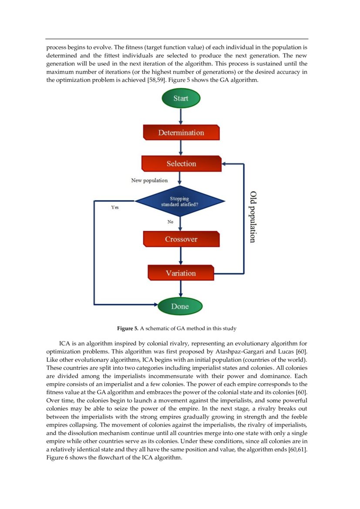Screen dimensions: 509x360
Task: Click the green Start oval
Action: click(181, 98)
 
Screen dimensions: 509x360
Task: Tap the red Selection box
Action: click(181, 164)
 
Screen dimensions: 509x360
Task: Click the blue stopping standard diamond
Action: click(180, 202)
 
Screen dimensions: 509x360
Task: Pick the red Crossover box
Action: click(181, 239)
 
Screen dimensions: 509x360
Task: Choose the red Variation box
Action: click(181, 273)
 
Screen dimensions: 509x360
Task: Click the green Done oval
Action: click(180, 306)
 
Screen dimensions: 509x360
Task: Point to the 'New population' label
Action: click(149, 180)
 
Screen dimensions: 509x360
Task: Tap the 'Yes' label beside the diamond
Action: click(115, 208)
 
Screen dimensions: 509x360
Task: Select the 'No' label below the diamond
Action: click(171, 222)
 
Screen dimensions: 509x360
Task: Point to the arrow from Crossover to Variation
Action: click(180, 256)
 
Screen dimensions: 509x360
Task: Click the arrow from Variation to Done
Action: click(180, 289)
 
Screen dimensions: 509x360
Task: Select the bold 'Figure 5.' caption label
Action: click(128, 328)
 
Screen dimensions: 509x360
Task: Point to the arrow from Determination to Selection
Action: click(180, 148)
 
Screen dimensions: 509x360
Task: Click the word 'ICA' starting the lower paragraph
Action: click(65, 343)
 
